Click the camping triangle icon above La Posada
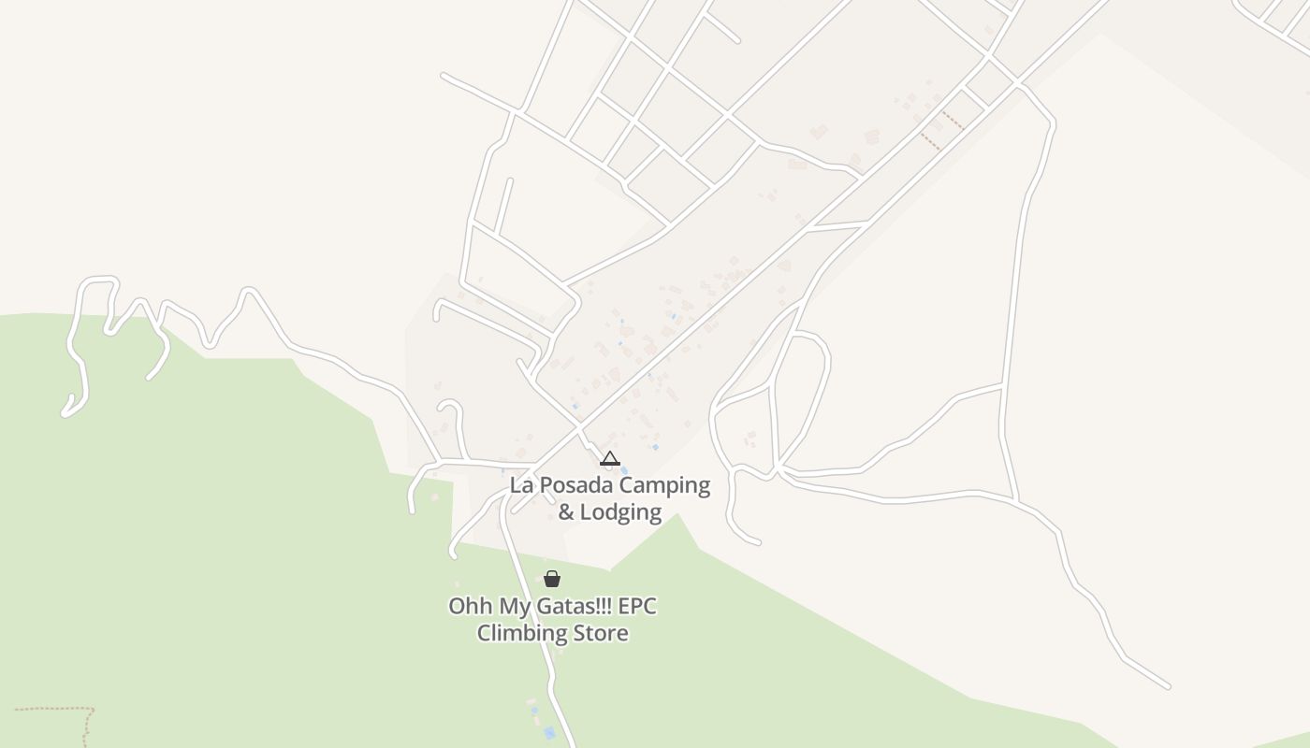coord(610,458)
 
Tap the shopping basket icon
coord(552,579)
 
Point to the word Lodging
coord(620,512)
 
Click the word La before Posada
coord(521,486)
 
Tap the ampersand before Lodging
coord(566,512)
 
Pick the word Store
coord(600,633)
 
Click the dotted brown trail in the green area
coord(56,709)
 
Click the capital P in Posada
coord(545,486)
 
